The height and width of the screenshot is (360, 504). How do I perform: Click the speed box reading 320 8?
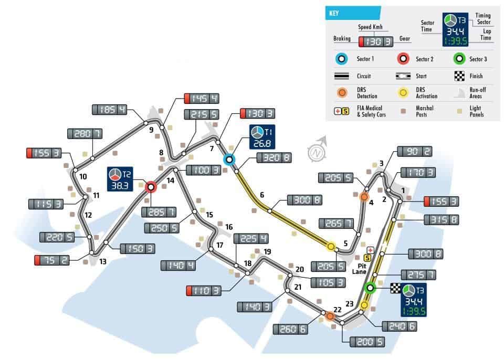pos(274,157)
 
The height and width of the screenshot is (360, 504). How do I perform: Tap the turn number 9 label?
pos(151,130)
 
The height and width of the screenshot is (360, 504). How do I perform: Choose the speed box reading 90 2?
pos(416,152)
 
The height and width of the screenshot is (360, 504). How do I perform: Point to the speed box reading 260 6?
pos(290,329)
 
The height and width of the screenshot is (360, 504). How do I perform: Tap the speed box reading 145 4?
pos(201,98)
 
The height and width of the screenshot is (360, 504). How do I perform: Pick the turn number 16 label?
pos(228,227)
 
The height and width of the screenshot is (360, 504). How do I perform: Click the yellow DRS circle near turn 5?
pos(331,246)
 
